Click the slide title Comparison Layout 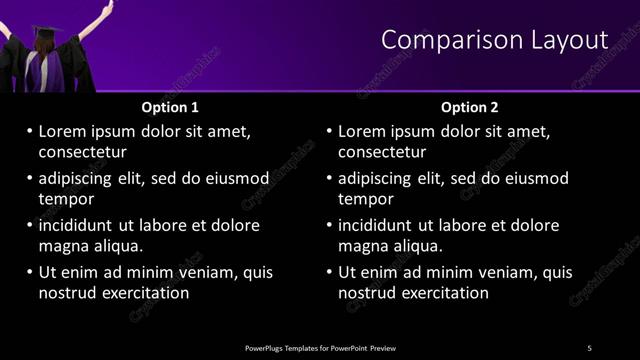point(494,40)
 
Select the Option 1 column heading point(170,107)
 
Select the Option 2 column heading point(470,107)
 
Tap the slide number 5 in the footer point(589,347)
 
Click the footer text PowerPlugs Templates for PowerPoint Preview point(320,347)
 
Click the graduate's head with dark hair point(46,37)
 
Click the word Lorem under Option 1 point(64,131)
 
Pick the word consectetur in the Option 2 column point(382,152)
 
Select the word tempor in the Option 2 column point(366,199)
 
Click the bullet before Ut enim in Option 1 point(29,272)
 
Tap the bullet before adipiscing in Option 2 point(329,178)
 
